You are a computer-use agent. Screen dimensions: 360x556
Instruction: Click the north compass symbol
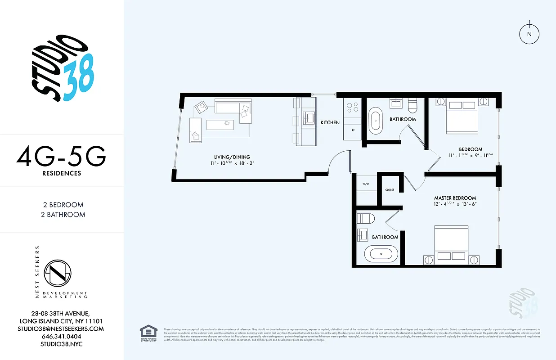[529, 34]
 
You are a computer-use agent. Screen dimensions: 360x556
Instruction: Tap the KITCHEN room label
[330, 122]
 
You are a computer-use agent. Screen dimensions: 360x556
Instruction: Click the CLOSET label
[390, 190]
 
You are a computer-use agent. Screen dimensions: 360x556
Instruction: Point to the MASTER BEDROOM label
[455, 198]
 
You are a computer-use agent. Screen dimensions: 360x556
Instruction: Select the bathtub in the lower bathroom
[381, 254]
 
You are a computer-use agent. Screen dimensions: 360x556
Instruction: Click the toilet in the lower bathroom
[366, 219]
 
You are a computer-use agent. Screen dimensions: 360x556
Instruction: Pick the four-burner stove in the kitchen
[353, 107]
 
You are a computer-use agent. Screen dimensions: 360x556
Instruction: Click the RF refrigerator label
[352, 130]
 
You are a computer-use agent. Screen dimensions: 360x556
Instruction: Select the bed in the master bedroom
[451, 243]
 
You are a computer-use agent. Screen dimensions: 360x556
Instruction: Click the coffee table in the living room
[220, 124]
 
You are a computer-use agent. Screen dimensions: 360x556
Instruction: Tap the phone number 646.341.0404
[62, 337]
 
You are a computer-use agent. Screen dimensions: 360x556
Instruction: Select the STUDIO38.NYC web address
[62, 344]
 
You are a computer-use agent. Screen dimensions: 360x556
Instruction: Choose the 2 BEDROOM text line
[62, 205]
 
